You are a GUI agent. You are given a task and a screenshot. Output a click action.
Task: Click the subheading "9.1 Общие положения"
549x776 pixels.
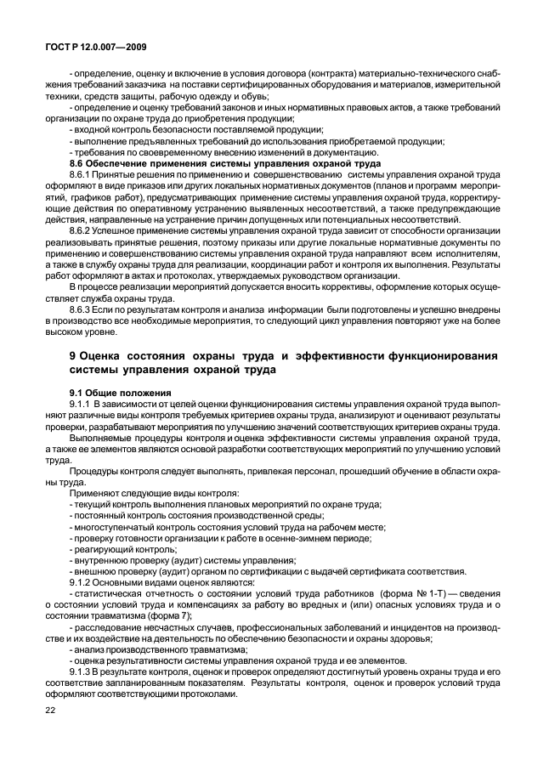coord(119,393)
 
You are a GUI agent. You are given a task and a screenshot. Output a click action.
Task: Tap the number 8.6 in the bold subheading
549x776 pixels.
coord(77,161)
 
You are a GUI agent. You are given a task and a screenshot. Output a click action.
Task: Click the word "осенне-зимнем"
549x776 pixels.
coord(313,537)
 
